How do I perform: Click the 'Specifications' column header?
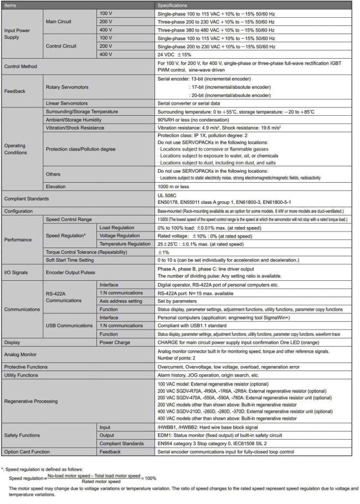pyautogui.click(x=173, y=4)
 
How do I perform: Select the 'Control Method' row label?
pyautogui.click(x=20, y=66)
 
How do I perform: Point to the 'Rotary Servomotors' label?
pyautogui.click(x=66, y=87)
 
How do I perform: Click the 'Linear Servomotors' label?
pyautogui.click(x=65, y=104)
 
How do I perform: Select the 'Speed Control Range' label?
pyautogui.click(x=69, y=220)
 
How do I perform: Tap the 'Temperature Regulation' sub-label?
pyautogui.click(x=125, y=244)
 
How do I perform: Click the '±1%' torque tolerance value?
pyautogui.click(x=163, y=252)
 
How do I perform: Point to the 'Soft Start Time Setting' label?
pyautogui.click(x=72, y=260)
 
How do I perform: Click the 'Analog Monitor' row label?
pyautogui.click(x=21, y=354)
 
